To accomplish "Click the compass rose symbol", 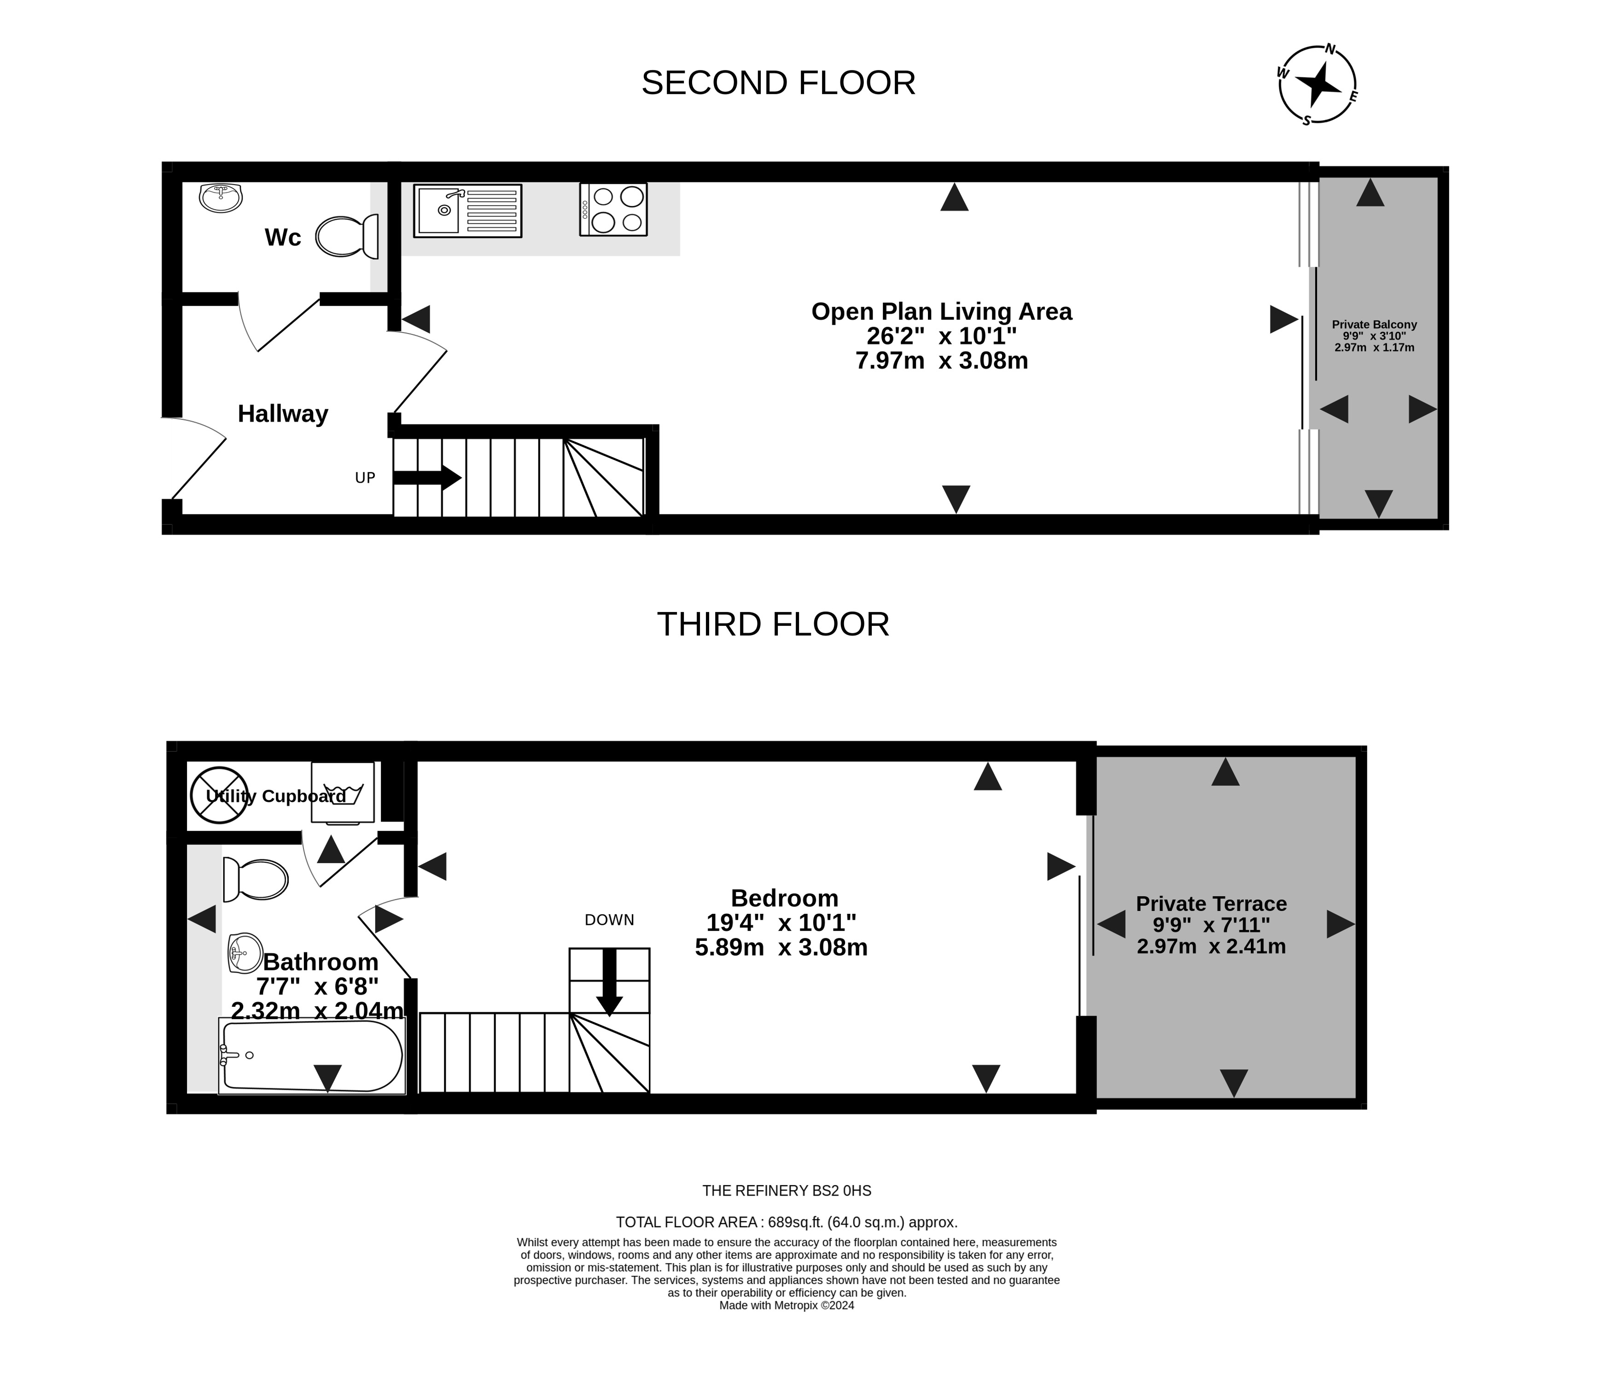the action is pos(1317,84).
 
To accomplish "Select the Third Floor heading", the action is pos(773,625).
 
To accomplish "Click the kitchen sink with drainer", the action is pos(468,210).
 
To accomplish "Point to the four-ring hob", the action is pos(613,209).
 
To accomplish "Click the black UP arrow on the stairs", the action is pos(427,478).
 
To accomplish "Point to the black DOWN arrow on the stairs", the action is pos(610,981).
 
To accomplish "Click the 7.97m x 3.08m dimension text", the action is pos(942,361).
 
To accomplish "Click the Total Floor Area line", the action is pos(787,1222).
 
